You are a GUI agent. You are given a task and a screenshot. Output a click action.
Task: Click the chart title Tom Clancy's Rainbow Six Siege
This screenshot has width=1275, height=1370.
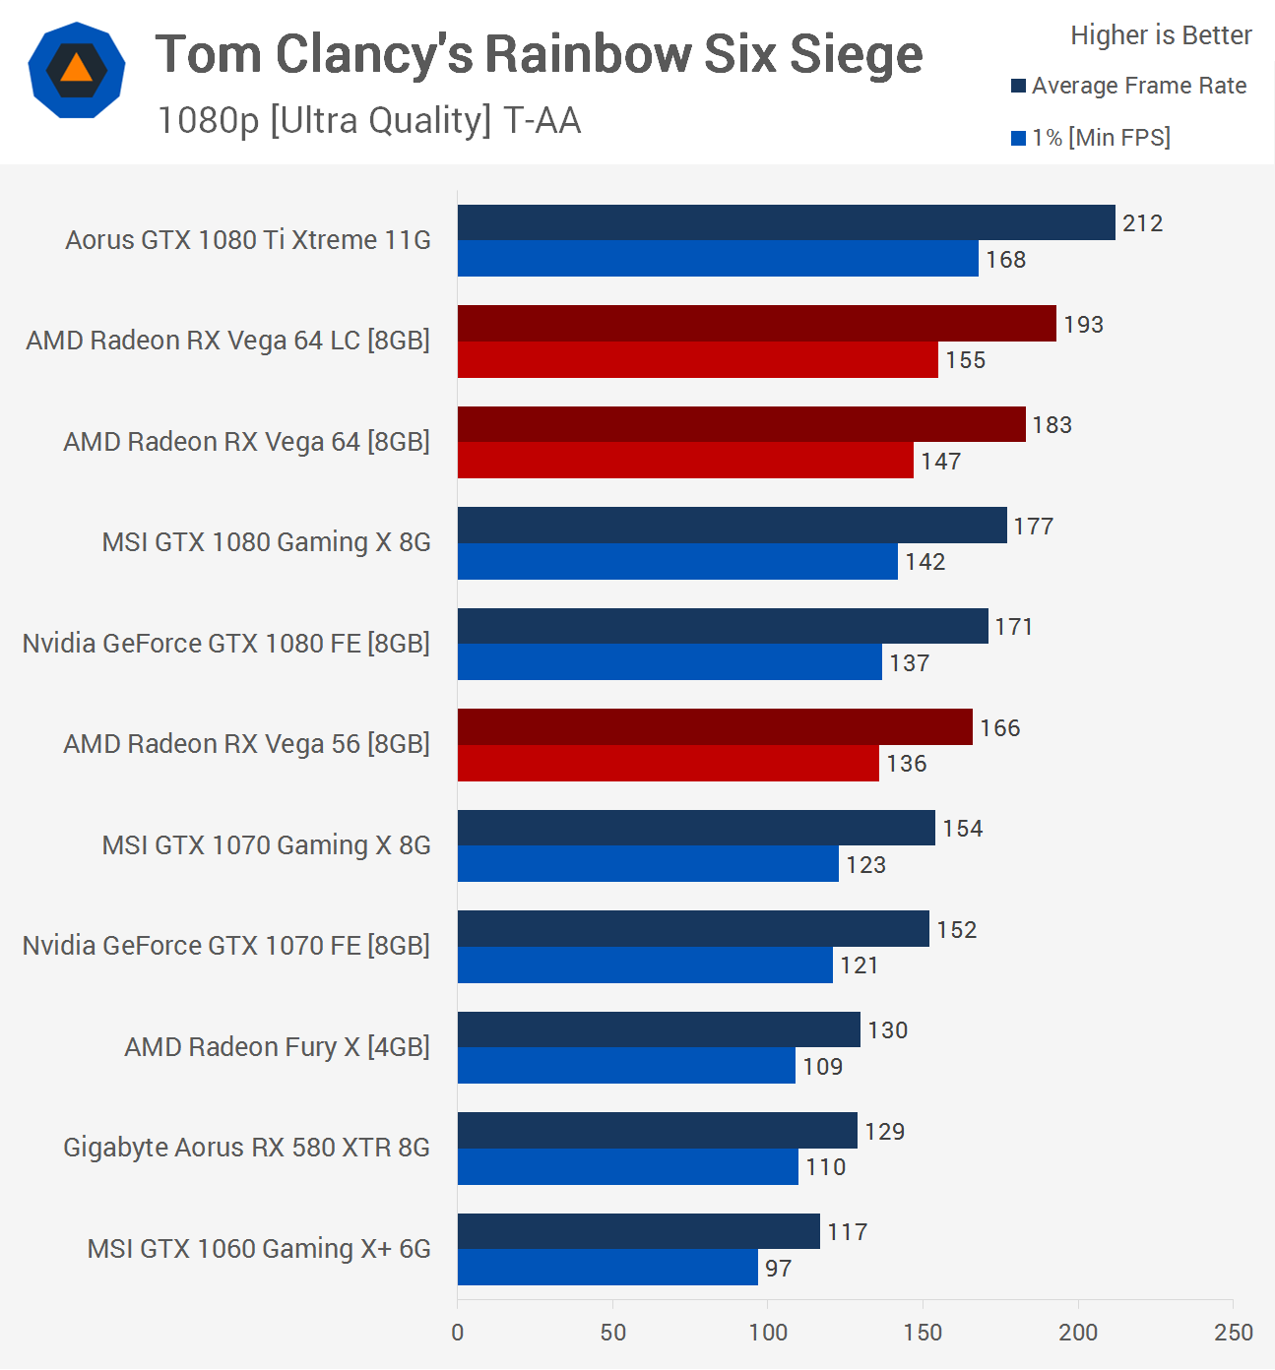point(539,54)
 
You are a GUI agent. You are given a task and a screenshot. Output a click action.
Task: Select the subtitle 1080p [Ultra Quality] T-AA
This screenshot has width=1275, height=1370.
point(369,121)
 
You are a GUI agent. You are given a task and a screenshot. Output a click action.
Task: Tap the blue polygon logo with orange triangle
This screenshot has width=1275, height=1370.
point(77,70)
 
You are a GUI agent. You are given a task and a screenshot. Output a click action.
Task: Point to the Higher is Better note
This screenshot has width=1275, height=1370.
point(1161,35)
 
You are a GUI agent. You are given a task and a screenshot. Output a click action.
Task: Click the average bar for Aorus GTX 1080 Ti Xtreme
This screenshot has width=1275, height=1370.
point(786,222)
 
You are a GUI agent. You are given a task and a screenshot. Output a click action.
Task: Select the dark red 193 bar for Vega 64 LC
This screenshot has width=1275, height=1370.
point(756,324)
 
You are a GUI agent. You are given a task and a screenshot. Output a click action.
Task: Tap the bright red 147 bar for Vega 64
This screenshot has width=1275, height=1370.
point(685,461)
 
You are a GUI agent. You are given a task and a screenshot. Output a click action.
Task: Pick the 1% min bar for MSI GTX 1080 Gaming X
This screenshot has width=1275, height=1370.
point(677,562)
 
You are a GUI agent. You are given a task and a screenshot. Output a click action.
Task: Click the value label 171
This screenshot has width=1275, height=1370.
point(1014,627)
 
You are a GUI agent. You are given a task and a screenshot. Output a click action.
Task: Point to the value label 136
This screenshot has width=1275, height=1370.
point(907,764)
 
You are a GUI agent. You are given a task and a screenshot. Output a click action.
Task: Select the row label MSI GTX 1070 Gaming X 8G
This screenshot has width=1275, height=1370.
point(266,845)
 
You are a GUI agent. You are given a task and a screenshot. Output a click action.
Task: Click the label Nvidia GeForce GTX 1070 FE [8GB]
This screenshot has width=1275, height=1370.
point(226,946)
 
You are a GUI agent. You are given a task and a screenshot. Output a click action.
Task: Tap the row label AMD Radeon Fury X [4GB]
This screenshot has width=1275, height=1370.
point(277,1047)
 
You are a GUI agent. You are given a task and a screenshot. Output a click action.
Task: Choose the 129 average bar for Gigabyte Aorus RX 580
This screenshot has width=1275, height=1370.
point(657,1131)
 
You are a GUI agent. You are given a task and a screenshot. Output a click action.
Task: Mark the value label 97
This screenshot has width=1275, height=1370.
point(779,1269)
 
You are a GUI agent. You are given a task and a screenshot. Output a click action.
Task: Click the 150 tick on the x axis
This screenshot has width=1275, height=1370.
point(923,1333)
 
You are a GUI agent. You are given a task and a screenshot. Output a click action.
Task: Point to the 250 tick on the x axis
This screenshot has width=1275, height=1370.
point(1234,1333)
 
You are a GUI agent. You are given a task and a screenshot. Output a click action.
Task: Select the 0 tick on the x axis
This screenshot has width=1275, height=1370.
point(458,1333)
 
